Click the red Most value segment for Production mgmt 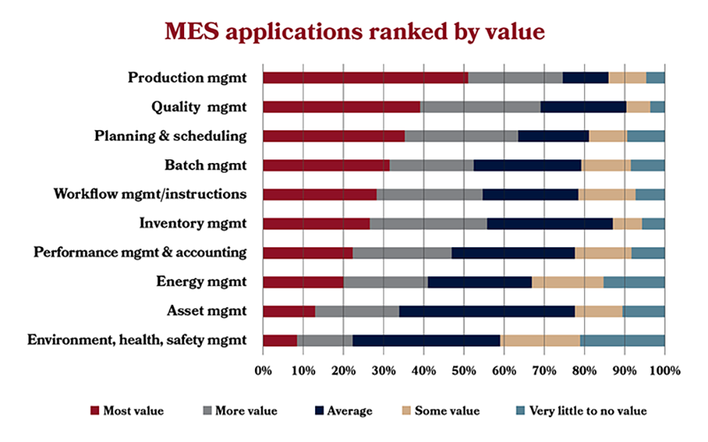coord(365,78)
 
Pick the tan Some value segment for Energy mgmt coord(567,282)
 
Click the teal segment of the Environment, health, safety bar coord(622,341)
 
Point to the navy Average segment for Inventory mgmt coord(549,224)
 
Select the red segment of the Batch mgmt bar coord(326,166)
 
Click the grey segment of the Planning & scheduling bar coord(461,136)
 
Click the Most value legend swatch coord(96,410)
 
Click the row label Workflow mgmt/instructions coord(150,194)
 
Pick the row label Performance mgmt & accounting coord(140,253)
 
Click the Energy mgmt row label coord(201,282)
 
